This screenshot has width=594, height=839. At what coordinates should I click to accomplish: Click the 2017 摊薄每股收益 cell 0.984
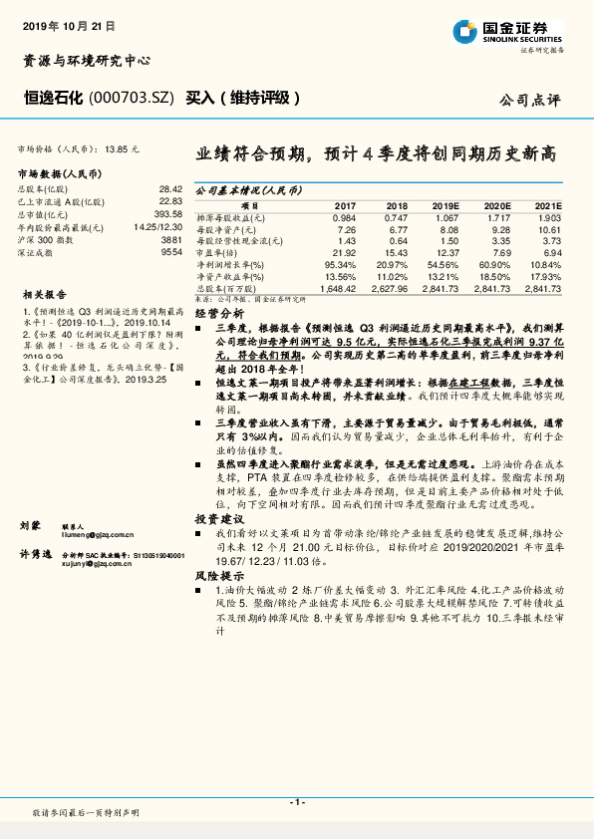(x=344, y=217)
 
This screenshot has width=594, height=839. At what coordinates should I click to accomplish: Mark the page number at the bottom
(x=296, y=802)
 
